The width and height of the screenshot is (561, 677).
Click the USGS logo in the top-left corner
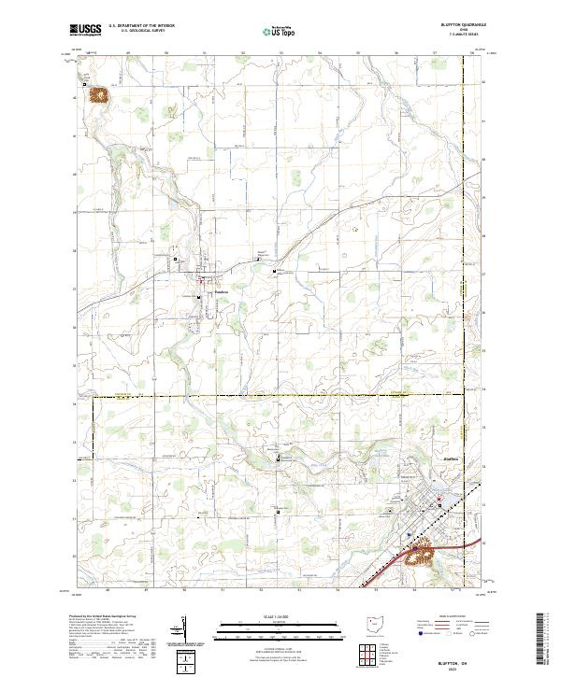(86, 29)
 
